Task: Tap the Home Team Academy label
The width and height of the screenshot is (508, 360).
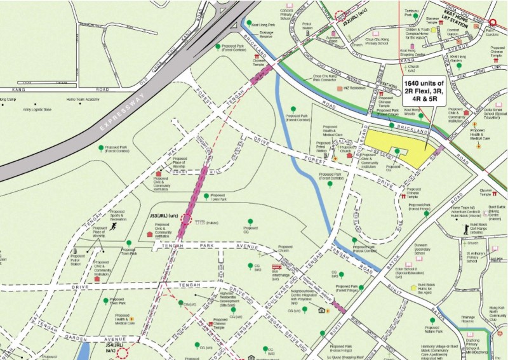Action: point(83,100)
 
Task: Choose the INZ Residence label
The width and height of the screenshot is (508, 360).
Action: point(359,88)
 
